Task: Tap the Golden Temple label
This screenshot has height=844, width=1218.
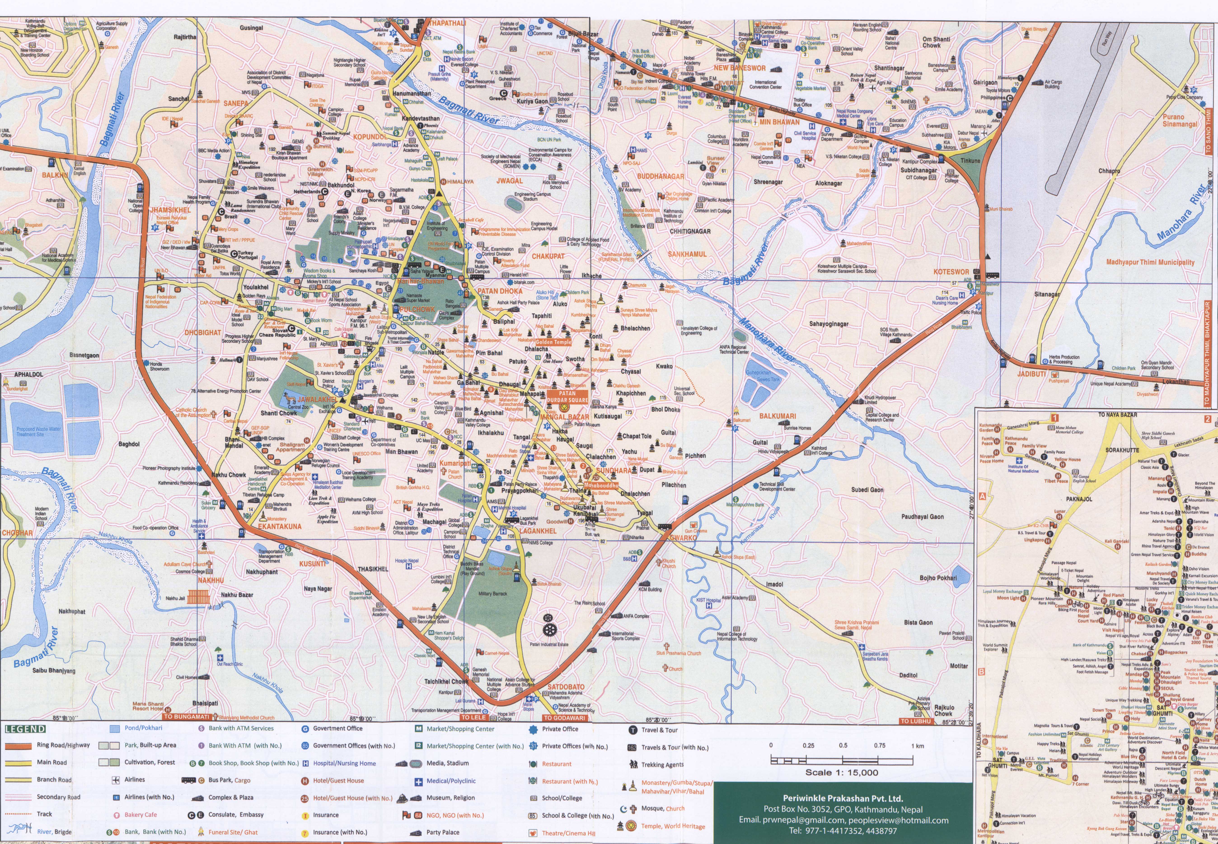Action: pos(553,342)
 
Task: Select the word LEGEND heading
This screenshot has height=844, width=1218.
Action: pos(25,729)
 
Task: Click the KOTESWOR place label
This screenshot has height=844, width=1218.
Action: pos(951,272)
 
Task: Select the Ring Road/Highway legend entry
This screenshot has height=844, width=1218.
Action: pos(63,745)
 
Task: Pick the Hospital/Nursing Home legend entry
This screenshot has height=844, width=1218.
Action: pos(344,763)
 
